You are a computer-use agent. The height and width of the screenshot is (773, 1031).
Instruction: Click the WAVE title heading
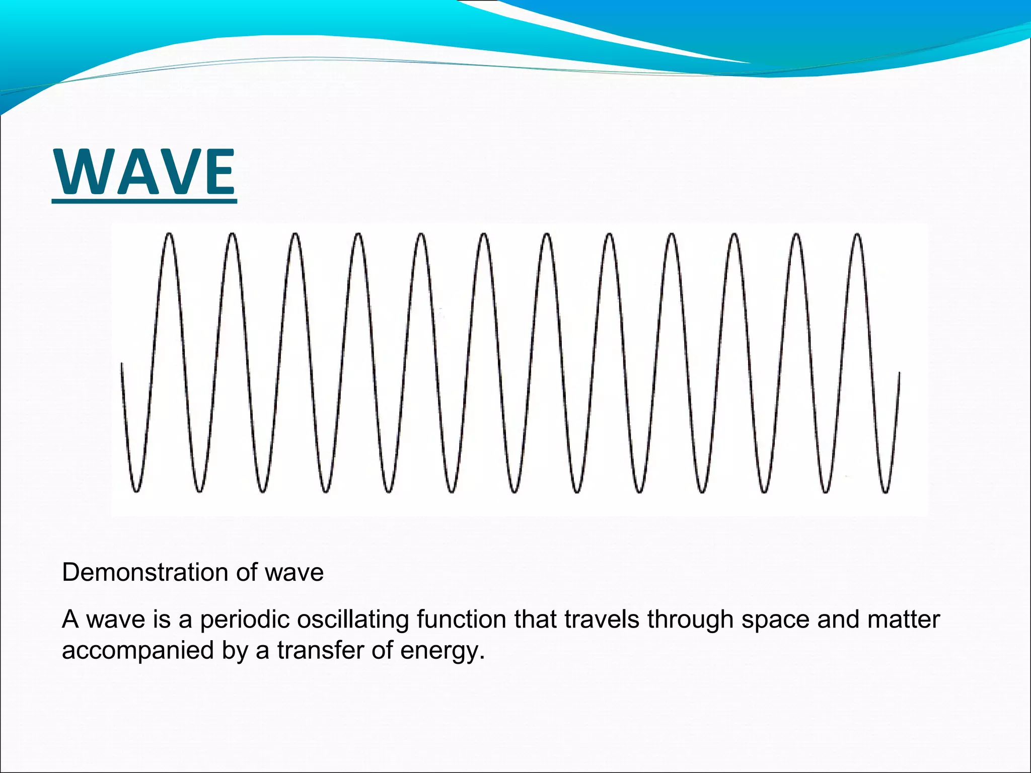(145, 173)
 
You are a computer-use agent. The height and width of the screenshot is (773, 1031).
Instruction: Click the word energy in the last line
(441, 651)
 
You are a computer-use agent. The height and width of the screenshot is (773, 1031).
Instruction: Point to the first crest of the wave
(169, 235)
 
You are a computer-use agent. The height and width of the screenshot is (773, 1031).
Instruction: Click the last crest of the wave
(857, 235)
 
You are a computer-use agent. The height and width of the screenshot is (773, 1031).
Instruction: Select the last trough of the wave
(886, 491)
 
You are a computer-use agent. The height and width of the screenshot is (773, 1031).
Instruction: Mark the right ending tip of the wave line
(899, 373)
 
